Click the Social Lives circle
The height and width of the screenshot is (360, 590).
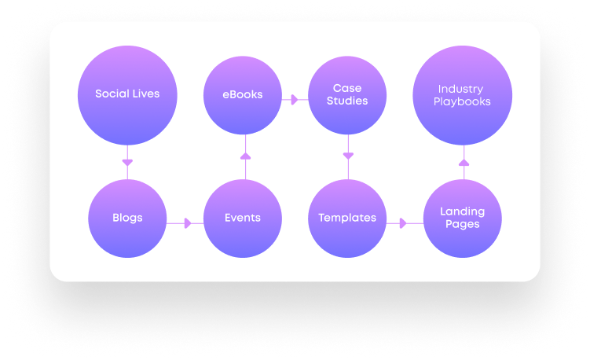point(126,94)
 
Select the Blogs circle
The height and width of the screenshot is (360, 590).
point(126,218)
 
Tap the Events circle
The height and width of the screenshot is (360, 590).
point(242,218)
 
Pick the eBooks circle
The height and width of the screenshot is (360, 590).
point(243,95)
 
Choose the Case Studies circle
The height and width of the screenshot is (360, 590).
point(346,94)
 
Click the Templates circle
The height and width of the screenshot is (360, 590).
point(346,218)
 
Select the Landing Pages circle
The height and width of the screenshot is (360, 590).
point(462,218)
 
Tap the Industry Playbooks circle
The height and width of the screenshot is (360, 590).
point(462,95)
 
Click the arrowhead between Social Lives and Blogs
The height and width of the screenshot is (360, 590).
point(126,163)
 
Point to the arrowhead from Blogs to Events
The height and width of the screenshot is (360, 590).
point(187,223)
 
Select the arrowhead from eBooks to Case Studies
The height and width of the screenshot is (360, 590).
point(294,100)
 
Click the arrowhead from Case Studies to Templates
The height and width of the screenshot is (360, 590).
point(347,156)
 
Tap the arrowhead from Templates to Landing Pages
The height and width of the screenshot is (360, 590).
point(403,223)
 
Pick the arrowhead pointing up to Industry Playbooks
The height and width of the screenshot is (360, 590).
point(463,161)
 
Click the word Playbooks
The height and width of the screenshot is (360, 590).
point(462,101)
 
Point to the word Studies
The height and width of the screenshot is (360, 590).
point(346,101)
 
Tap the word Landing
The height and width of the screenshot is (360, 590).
point(462,211)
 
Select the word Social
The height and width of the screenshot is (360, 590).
point(112,94)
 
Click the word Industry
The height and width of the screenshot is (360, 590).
point(462,89)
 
